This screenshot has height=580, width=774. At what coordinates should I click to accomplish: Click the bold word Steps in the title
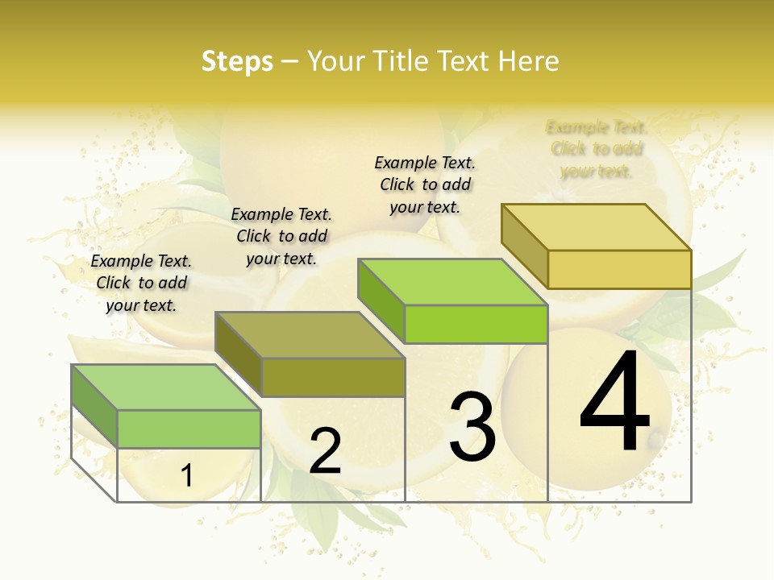tap(237, 61)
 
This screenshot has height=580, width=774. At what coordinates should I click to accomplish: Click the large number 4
tap(615, 403)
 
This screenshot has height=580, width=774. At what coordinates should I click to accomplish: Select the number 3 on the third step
tap(472, 427)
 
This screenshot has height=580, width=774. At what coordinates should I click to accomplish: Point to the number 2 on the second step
tap(326, 451)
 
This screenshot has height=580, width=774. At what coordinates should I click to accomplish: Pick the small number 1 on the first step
tap(186, 476)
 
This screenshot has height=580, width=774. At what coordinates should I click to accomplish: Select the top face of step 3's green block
tap(452, 282)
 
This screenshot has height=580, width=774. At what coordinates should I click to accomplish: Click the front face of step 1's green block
tap(189, 429)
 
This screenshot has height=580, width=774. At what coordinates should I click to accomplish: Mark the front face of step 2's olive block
tap(333, 377)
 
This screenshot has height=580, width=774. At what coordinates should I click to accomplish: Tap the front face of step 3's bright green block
tap(476, 324)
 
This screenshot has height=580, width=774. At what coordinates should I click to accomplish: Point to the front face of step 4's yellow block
tap(619, 269)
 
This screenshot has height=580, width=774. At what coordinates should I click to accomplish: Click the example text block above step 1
tap(141, 283)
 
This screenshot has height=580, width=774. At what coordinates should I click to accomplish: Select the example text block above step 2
tap(281, 236)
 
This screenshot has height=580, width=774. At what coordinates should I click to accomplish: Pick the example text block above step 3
tap(425, 184)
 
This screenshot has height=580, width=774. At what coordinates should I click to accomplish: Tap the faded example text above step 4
tap(597, 149)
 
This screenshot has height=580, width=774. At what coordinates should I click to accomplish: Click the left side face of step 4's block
tap(524, 246)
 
